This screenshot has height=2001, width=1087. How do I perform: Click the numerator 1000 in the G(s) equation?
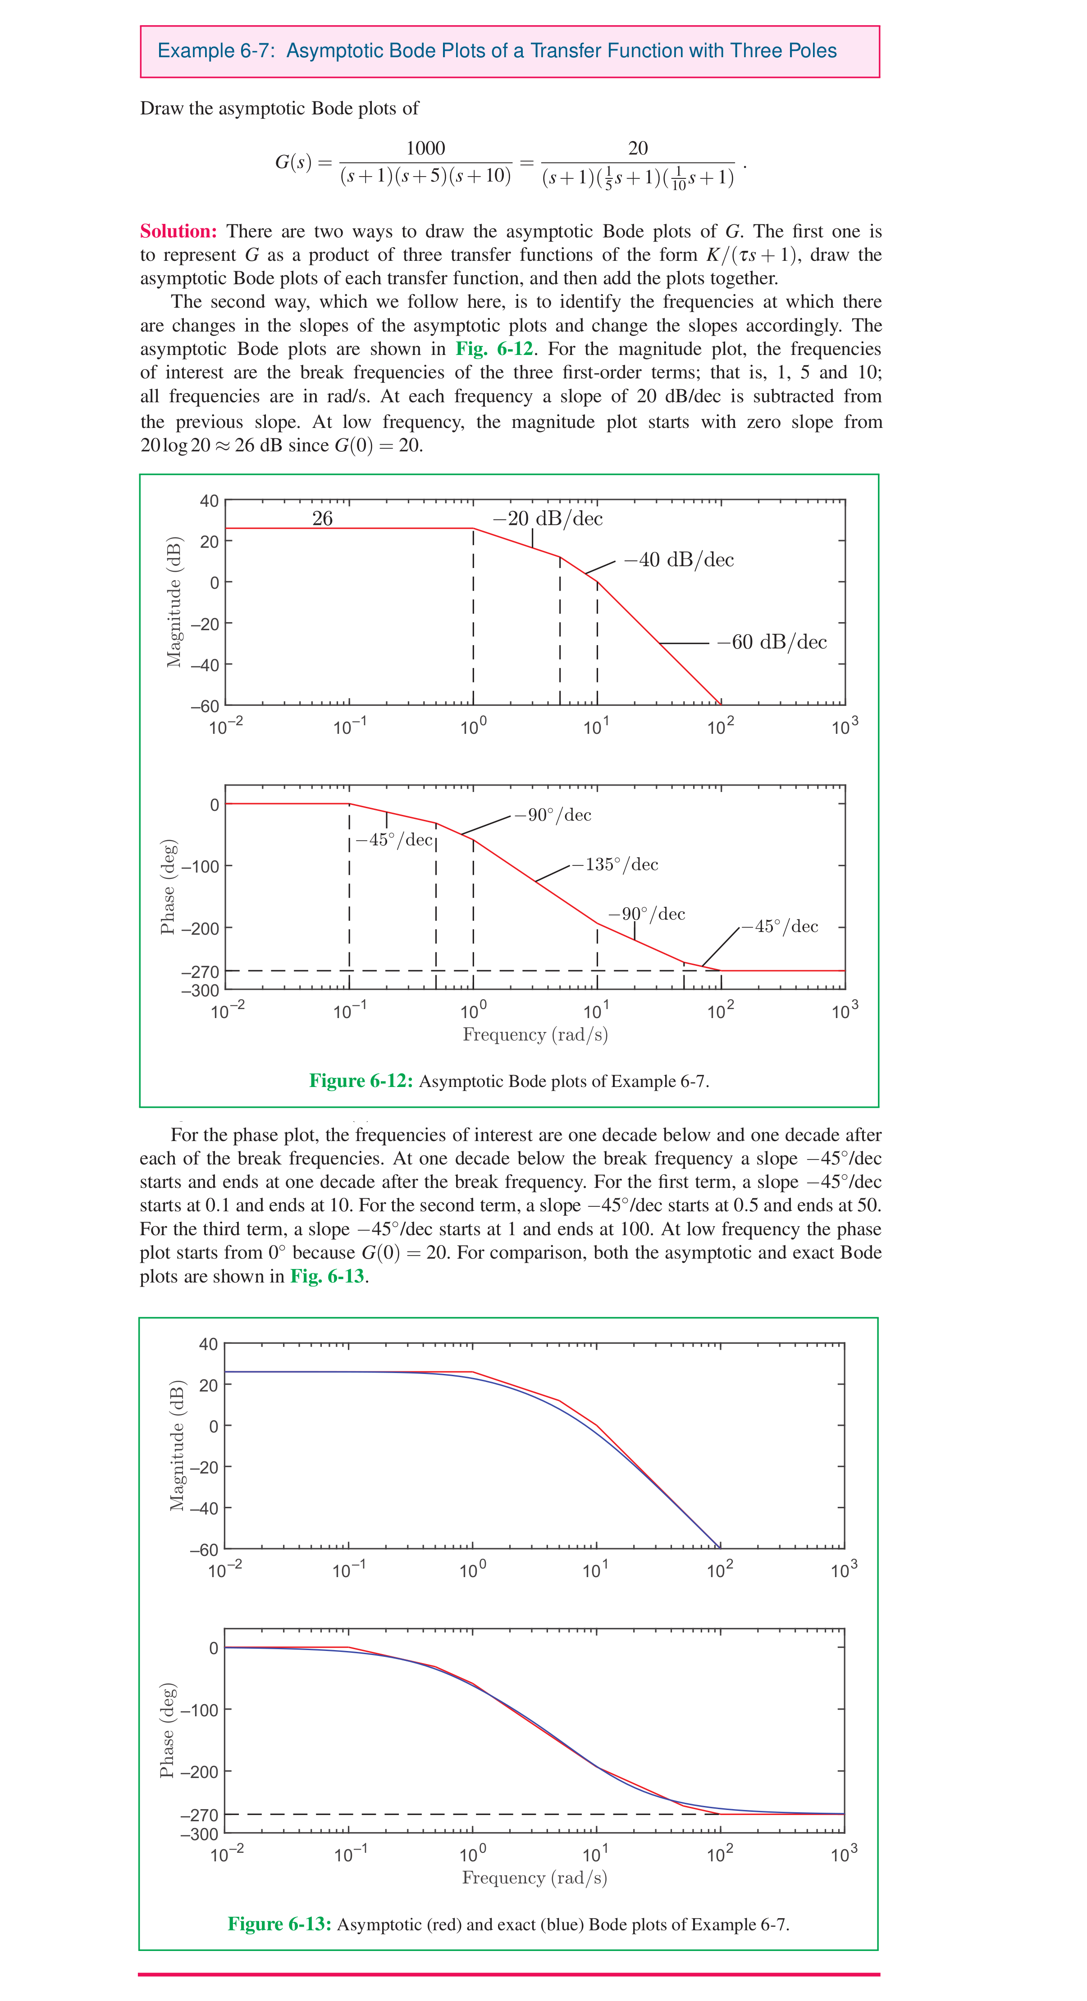(426, 148)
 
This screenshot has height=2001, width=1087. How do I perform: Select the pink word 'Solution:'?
(178, 232)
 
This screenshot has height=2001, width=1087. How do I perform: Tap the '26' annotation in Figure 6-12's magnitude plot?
(322, 519)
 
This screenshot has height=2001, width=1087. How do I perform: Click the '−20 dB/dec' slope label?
(548, 519)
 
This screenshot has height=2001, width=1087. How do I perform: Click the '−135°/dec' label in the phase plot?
(615, 864)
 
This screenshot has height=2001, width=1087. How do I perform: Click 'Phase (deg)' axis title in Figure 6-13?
(167, 1730)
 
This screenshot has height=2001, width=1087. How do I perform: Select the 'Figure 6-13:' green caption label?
(279, 1924)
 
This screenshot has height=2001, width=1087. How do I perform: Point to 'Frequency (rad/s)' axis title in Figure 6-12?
(535, 1035)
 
